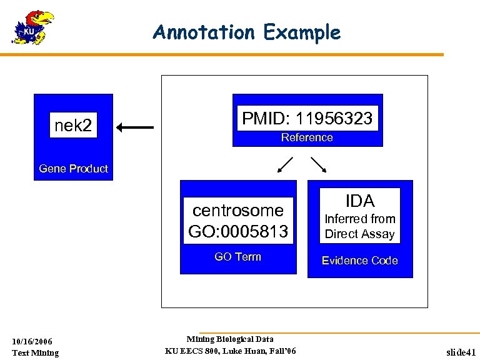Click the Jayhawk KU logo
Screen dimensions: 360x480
tap(32, 27)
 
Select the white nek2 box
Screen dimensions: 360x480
tap(73, 126)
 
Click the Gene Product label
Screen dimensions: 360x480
tap(73, 169)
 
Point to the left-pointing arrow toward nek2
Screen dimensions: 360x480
tap(135, 127)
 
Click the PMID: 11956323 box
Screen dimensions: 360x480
tap(307, 118)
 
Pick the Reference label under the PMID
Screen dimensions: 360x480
tap(307, 137)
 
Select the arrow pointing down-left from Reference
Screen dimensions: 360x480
tap(285, 164)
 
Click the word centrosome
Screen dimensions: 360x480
tap(237, 210)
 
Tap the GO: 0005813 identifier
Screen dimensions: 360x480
tap(237, 232)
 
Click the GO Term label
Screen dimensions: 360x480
tap(237, 257)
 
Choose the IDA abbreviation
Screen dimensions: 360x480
tap(360, 201)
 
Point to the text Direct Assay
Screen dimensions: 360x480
tap(360, 234)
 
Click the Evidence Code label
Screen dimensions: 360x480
tap(359, 261)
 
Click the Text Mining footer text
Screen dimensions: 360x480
tap(35, 352)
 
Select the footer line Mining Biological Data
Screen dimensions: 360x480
tap(230, 339)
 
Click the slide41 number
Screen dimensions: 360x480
tap(461, 352)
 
